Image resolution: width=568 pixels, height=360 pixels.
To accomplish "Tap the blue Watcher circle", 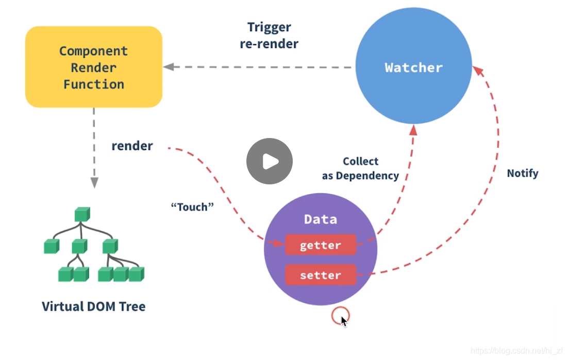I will [x=413, y=67].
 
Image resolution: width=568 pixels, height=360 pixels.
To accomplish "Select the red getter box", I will [x=320, y=245].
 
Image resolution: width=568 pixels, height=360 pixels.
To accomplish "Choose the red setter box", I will [x=320, y=275].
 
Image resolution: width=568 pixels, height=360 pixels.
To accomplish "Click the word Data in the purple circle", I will [x=320, y=219].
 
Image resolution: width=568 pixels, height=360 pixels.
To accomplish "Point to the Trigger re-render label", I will [x=269, y=36].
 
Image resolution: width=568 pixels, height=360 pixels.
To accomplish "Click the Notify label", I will [x=522, y=173].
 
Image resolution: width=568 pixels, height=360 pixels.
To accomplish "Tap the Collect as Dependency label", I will [x=360, y=168].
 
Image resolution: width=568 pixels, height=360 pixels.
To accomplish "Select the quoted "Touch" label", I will [x=192, y=207].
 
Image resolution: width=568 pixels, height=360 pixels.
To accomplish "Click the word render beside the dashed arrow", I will [x=132, y=146].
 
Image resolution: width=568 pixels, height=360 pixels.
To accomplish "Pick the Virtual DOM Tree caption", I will [x=93, y=306].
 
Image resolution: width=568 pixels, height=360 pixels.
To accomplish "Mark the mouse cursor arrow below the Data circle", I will [x=344, y=320].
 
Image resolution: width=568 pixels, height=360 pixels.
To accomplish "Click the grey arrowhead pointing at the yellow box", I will [x=168, y=67].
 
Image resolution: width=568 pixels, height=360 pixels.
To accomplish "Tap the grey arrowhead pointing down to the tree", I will [x=94, y=182].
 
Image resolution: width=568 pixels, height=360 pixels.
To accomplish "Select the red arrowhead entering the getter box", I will [x=279, y=243].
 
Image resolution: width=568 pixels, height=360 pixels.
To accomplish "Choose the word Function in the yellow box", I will [x=93, y=84].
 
